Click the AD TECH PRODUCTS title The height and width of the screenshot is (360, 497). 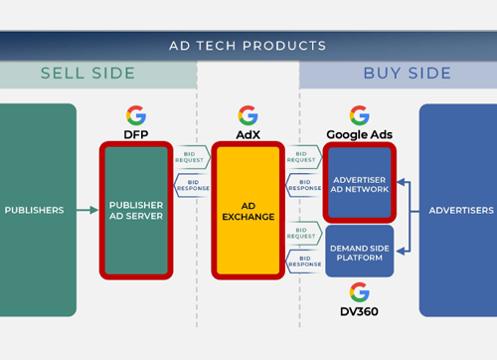[248, 45]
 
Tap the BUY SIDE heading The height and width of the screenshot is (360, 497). [407, 74]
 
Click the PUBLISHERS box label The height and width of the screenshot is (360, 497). [34, 210]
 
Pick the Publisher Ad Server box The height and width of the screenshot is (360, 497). [136, 210]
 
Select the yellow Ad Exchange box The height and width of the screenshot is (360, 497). [248, 210]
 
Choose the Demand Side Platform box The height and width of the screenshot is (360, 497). [359, 251]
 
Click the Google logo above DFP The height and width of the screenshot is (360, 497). [136, 115]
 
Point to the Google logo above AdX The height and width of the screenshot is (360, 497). [248, 115]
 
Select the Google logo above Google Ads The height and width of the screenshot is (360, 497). [359, 115]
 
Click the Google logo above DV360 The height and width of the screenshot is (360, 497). [359, 291]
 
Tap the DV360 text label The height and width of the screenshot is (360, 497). [359, 311]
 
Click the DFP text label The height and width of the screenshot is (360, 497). [136, 134]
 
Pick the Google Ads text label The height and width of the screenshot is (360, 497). [359, 134]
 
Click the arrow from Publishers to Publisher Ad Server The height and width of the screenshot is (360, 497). [87, 210]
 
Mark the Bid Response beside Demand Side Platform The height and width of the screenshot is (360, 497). [303, 261]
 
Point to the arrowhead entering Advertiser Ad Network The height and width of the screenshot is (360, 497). [401, 182]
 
